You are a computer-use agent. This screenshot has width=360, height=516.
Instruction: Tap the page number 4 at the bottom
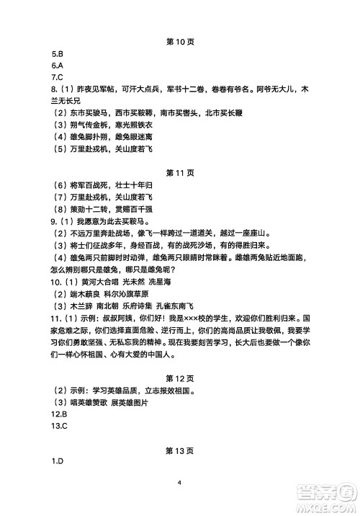point(179,483)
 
